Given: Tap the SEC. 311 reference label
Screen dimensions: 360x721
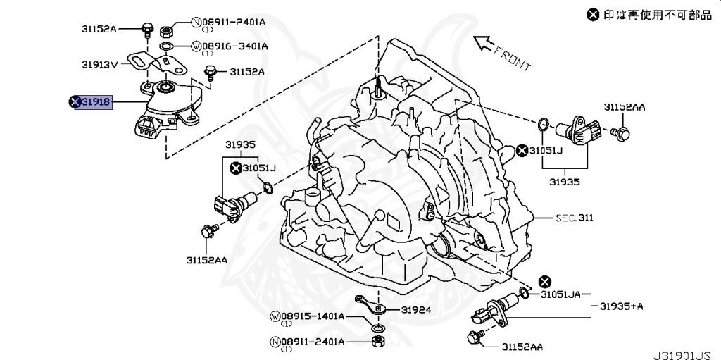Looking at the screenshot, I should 573,218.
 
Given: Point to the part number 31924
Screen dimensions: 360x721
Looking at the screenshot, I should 416,309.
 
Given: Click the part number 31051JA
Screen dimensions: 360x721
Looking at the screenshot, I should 560,294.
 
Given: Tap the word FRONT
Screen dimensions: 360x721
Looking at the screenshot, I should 512,58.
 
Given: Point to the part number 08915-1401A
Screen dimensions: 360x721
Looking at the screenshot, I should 311,316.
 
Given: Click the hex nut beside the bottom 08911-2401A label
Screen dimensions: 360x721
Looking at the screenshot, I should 377,342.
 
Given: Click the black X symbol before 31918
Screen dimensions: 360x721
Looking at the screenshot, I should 73,102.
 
